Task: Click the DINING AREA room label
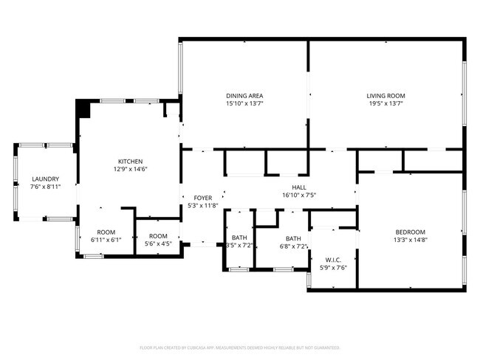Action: (x=244, y=96)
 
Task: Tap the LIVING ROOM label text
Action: (x=385, y=96)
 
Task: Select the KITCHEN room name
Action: (x=130, y=162)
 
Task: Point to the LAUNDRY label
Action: (x=45, y=179)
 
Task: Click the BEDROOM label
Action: (x=411, y=232)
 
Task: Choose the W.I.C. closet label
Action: (x=333, y=260)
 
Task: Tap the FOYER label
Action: (x=203, y=198)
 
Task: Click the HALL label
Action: (x=299, y=187)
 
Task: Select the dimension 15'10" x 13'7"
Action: (x=244, y=104)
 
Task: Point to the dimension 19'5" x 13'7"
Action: (x=385, y=104)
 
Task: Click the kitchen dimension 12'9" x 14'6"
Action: (x=130, y=170)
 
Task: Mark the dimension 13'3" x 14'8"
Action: (x=411, y=240)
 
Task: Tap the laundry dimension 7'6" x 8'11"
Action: (x=45, y=187)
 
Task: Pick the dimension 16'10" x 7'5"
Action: (x=299, y=195)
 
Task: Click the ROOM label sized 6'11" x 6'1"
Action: (x=106, y=232)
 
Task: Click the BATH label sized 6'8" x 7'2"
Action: (x=294, y=238)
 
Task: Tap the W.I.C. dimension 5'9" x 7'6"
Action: (x=333, y=268)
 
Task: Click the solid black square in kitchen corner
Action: (x=83, y=109)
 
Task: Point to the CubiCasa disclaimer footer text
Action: (x=239, y=347)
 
